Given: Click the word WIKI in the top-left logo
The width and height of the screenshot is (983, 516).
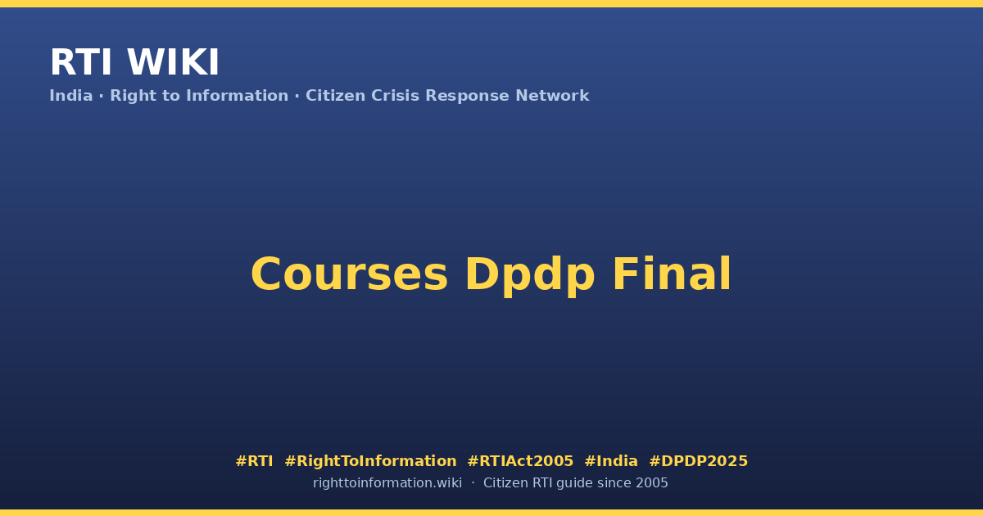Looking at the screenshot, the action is (173, 62).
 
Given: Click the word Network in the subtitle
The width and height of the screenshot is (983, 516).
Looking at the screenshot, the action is (552, 96).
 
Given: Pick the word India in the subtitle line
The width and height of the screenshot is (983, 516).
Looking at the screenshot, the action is (71, 96).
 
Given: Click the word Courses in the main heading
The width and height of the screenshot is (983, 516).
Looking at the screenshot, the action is (349, 274).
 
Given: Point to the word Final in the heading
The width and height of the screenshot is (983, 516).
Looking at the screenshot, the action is (672, 274).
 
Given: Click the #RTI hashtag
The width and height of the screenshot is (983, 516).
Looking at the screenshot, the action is (254, 461).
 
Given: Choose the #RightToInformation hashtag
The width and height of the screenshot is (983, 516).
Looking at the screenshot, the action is (370, 461).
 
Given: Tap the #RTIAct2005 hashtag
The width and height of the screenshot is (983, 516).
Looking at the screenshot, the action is (520, 461).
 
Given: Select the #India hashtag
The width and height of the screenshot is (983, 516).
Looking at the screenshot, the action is (611, 461).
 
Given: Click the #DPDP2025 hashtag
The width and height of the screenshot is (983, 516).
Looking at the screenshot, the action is (698, 461).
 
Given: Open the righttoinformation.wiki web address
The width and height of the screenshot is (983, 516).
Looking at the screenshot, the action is (387, 483).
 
